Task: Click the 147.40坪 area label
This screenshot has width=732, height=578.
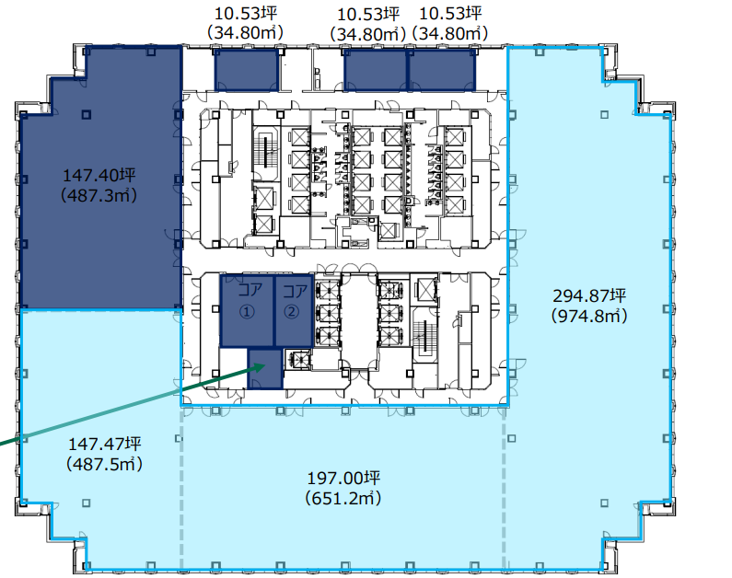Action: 99,176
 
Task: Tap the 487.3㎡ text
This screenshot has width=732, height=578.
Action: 99,195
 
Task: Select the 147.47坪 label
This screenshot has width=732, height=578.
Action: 105,444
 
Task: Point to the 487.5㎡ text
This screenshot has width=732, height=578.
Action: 105,464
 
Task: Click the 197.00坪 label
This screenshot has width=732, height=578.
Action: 343,478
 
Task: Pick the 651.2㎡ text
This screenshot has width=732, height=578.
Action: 343,498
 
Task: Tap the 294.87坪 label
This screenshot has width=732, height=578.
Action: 589,295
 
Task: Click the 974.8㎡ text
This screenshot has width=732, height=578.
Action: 589,316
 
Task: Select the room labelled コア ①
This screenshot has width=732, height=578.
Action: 247,311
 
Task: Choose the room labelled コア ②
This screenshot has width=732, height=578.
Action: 294,311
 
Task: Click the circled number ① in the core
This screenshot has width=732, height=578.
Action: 247,311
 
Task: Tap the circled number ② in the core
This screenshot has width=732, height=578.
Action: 292,311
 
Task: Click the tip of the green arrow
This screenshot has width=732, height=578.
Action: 265,365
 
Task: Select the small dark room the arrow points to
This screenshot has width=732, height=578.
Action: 265,369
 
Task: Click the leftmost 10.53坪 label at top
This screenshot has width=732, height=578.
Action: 246,14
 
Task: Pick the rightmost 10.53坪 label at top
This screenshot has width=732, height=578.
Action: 450,14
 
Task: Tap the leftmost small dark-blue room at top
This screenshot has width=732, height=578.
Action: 247,71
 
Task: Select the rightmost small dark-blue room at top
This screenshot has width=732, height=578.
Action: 442,71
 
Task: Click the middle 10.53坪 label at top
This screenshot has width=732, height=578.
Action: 368,15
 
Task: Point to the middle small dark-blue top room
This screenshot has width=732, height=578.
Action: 376,71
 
